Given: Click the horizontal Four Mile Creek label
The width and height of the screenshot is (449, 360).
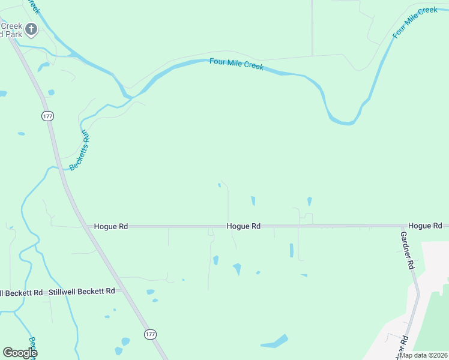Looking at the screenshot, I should point(237,64).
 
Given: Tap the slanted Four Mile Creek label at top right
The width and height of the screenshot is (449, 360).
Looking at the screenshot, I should point(415,23).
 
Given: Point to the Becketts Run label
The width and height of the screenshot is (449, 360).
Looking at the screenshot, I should point(79,151).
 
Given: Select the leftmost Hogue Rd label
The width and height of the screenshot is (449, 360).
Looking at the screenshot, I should point(111,227).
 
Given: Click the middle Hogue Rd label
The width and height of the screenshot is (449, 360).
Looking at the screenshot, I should point(243,227).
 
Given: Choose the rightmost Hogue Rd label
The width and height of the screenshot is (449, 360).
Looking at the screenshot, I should point(425,226).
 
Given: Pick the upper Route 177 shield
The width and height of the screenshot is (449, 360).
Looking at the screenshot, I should point(47,116).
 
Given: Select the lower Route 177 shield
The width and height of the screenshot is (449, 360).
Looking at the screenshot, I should point(149,334).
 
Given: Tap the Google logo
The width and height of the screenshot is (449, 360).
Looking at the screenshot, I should point(20,353).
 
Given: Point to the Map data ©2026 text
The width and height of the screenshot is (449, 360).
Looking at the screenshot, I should point(423,355).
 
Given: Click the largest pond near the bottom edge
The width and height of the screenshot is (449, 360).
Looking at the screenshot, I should point(275,341).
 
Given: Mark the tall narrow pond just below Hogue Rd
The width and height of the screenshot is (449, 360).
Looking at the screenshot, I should point(292,250).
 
